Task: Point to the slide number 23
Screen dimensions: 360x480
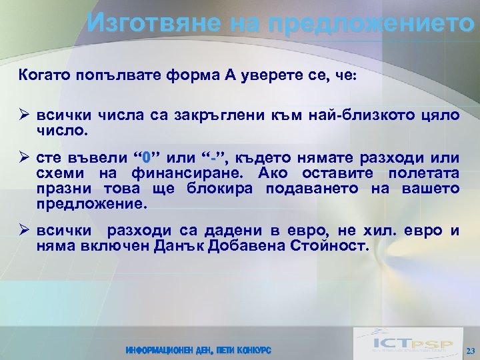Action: tap(469, 351)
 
